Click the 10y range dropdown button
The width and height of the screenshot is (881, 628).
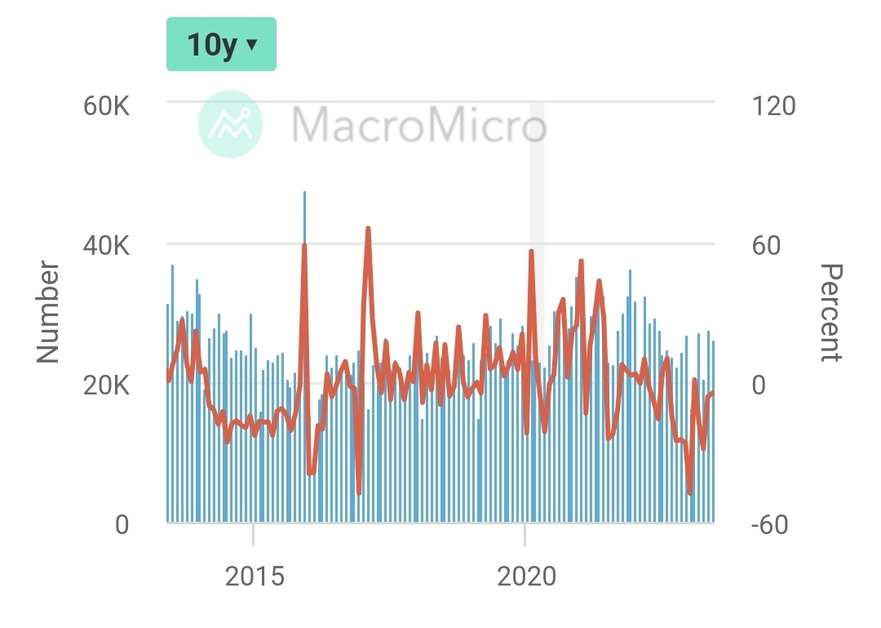pos(221,44)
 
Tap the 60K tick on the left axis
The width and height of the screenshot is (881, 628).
pos(106,106)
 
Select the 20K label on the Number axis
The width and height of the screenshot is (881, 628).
pos(106,385)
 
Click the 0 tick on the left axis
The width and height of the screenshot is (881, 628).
pos(122,524)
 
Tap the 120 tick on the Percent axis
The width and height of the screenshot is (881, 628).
pos(773,106)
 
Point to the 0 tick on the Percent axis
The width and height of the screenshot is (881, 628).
pos(759,385)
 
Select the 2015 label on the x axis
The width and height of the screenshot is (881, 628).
pos(255,577)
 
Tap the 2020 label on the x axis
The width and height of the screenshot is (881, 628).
pos(526,577)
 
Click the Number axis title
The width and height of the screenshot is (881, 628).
pos(49,311)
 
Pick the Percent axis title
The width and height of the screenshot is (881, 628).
pos(830,312)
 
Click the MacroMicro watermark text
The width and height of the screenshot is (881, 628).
pos(418,125)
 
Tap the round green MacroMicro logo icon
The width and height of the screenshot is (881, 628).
pos(231,124)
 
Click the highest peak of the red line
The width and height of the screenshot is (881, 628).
pos(368,229)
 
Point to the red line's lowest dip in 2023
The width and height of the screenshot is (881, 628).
pos(690,492)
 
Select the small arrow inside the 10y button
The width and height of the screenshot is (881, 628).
pos(251,44)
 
